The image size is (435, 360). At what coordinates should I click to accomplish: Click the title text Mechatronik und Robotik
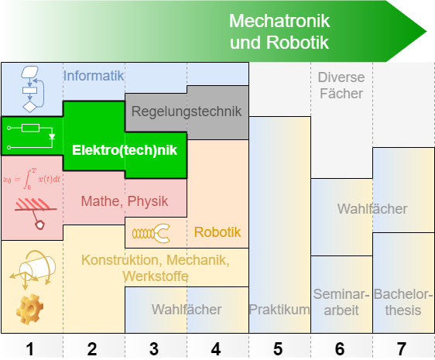click(x=279, y=31)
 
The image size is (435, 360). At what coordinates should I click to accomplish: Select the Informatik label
click(x=94, y=76)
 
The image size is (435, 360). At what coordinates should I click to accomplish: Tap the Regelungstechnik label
click(x=186, y=111)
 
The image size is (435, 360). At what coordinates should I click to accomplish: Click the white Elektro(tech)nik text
click(x=125, y=149)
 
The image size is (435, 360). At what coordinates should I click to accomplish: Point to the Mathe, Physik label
click(x=125, y=201)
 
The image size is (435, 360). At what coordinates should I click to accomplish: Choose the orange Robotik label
click(x=217, y=231)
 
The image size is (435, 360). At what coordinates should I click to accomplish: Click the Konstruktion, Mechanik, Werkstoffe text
click(x=155, y=267)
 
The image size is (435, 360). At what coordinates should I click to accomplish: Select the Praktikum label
click(x=279, y=310)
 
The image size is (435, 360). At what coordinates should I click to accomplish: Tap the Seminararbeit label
click(x=341, y=302)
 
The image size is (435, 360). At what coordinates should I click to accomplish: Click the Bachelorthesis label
click(x=403, y=302)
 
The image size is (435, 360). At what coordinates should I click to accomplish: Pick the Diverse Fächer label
click(x=341, y=85)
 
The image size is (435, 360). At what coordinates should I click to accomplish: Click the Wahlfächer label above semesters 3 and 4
click(x=186, y=310)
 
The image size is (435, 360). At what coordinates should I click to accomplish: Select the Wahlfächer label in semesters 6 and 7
click(x=372, y=208)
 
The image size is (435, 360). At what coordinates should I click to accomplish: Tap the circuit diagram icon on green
click(x=31, y=135)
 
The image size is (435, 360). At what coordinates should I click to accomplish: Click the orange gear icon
click(x=31, y=309)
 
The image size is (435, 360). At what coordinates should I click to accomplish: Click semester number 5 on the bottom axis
click(x=279, y=348)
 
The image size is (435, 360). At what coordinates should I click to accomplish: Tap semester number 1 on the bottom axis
click(x=31, y=348)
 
